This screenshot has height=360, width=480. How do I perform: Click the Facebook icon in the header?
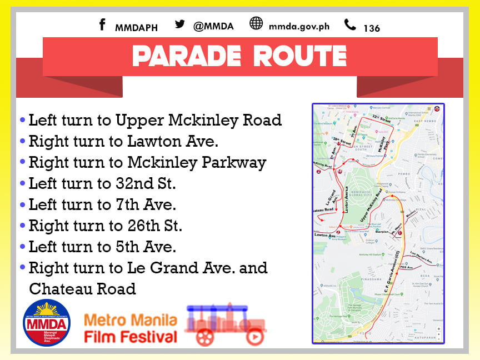(102, 25)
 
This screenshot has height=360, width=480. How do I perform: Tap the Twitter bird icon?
(179, 24)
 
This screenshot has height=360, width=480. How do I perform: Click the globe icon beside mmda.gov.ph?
(256, 24)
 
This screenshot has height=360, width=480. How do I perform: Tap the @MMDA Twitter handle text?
(213, 26)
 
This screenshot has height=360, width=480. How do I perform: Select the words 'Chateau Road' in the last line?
(82, 289)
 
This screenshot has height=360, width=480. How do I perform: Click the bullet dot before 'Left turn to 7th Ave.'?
(22, 205)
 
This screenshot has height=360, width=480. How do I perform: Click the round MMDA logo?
(47, 323)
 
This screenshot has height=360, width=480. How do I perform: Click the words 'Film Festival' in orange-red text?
(131, 337)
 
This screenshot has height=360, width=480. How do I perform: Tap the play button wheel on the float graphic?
(254, 337)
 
